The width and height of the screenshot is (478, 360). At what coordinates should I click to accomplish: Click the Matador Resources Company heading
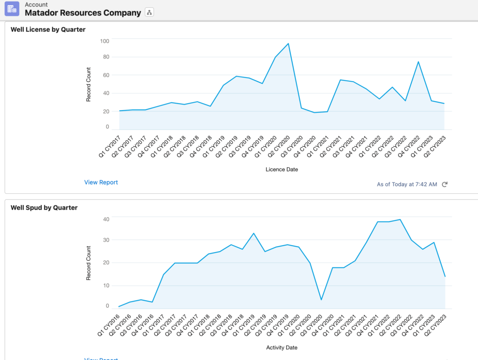83,13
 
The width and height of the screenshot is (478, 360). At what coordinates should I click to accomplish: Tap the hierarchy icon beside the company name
149,13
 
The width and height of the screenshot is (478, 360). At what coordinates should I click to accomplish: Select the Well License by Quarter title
48,29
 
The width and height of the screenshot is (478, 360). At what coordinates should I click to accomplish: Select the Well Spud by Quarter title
44,207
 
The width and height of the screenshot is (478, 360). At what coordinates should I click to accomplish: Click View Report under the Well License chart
101,182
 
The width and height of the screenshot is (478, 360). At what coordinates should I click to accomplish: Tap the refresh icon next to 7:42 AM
444,184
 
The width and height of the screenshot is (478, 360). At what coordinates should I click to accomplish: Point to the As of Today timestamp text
407,184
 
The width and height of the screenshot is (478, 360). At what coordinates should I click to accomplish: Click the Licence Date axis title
281,169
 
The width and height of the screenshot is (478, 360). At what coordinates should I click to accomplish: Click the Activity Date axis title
281,347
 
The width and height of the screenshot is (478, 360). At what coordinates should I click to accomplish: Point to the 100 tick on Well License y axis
104,41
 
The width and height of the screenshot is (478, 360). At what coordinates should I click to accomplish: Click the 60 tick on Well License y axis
105,75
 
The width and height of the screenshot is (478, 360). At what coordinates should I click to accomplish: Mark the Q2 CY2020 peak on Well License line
288,43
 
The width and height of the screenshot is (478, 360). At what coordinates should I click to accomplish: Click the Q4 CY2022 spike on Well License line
418,62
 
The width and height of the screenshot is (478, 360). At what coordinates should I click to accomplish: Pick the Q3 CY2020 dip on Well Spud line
322,300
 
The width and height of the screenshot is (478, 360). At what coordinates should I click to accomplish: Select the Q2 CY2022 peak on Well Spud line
400,219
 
